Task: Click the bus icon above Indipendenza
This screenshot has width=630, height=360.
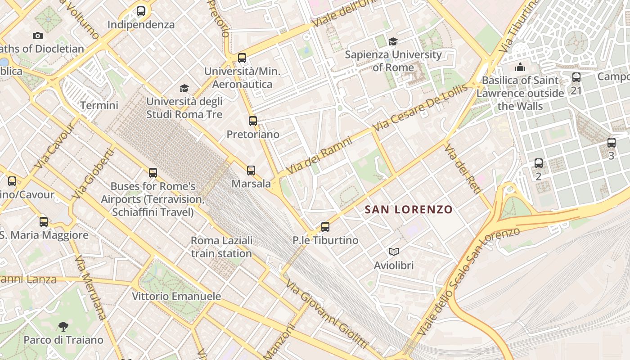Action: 141,11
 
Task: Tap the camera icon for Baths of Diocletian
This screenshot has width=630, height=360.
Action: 38,36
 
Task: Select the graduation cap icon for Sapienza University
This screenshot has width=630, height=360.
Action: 393,41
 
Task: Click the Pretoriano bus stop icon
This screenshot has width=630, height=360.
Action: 253,121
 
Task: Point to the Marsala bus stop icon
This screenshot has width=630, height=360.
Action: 251,171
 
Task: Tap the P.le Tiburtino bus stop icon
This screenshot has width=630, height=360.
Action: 325,227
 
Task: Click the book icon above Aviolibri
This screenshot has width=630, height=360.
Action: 394,252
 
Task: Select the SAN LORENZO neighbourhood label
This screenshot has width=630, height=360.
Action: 409,210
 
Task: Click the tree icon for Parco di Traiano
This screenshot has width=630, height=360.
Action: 63,326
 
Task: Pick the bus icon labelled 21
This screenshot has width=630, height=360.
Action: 576,77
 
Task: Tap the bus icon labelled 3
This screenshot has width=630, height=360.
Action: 611,143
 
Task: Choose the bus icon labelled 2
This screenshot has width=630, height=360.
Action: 539,163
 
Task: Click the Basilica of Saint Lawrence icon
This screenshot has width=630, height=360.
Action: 520,67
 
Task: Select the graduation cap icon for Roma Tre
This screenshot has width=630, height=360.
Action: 184,88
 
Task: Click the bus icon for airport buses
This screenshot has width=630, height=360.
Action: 153,173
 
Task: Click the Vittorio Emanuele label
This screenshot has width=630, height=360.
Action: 176,297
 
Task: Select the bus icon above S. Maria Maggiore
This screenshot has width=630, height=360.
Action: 44,222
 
